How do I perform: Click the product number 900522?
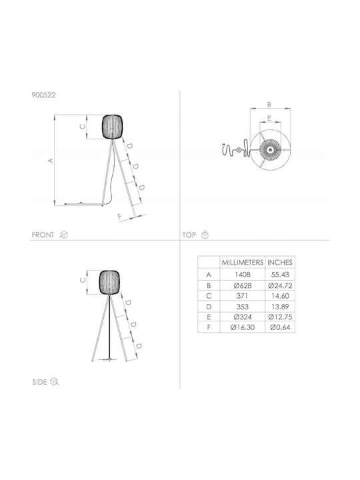coord(43,95)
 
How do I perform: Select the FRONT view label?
coord(43,235)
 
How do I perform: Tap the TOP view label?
coord(189,235)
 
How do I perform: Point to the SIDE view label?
coord(39,382)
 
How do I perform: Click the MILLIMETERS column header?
coord(243,263)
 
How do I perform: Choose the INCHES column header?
coord(280,263)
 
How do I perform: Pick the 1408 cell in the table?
coord(243,275)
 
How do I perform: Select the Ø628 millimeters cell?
coord(243,285)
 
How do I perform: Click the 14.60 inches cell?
coord(280,296)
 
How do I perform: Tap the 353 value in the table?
coord(243,307)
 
